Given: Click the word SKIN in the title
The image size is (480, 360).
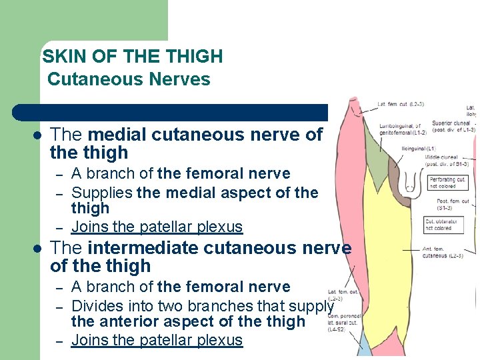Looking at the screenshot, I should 60,57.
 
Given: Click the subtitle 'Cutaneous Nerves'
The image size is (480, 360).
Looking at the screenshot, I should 129,79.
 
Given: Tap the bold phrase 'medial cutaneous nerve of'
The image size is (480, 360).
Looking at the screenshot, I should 205,135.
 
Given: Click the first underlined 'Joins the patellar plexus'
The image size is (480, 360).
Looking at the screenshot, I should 157,227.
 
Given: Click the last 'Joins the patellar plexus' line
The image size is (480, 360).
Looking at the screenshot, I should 157,340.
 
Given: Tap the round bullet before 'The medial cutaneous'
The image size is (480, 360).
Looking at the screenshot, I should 37,135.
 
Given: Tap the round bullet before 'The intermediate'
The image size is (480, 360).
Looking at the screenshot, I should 37,249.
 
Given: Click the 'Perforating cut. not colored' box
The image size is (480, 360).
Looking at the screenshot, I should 447,183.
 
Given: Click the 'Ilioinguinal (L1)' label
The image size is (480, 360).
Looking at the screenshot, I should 418,148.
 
